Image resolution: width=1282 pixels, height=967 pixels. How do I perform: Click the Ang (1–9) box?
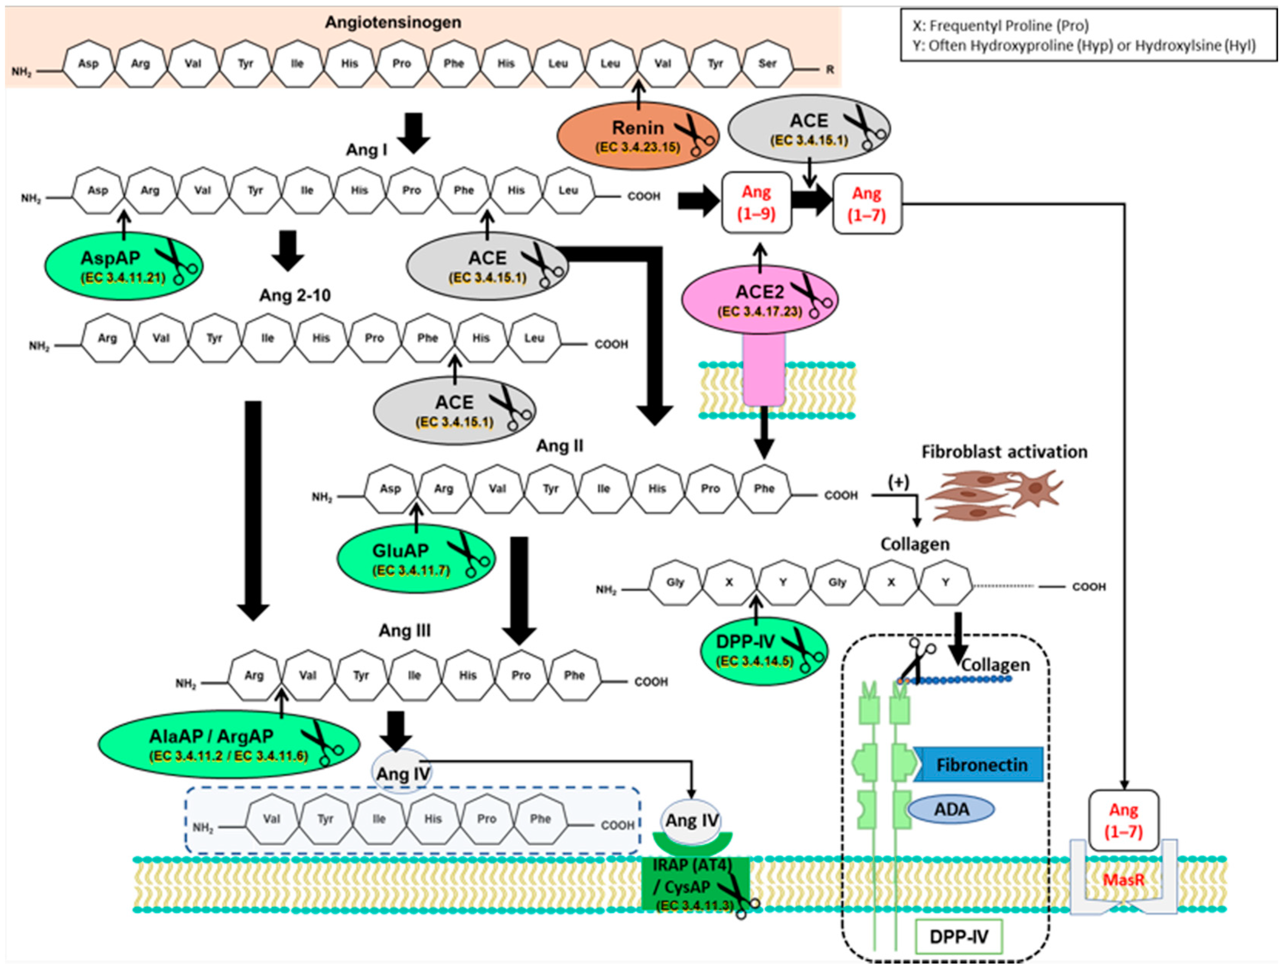tap(756, 203)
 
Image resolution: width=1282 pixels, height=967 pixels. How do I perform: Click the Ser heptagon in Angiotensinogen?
tap(767, 64)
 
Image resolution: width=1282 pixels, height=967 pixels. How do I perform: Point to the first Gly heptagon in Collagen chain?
tap(675, 582)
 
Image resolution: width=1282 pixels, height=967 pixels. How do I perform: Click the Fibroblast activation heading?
tap(1004, 452)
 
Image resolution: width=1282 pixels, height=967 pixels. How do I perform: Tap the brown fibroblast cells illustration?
tap(994, 494)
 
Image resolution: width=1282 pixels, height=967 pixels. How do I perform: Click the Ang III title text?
tap(405, 630)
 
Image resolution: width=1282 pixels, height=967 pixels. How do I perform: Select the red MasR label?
tap(1123, 879)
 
